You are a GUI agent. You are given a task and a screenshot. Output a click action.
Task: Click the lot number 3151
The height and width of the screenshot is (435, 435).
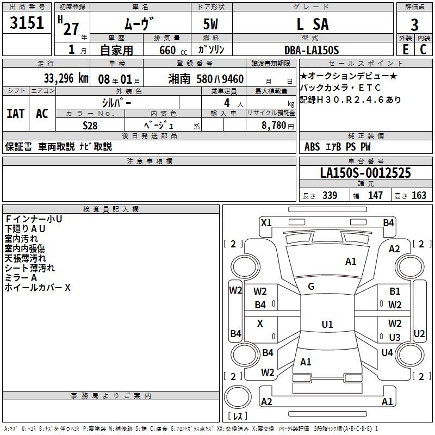pyautogui.click(x=27, y=24)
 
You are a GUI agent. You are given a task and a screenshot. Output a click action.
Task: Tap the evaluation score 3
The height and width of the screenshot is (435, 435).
pyautogui.click(x=414, y=25)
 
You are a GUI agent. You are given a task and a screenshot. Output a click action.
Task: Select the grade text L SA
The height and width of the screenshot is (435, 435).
pyautogui.click(x=312, y=24)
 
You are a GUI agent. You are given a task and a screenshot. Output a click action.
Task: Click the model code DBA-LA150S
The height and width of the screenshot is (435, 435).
pyautogui.click(x=312, y=50)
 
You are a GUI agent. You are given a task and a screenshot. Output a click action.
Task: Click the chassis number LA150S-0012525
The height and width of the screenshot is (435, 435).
pyautogui.click(x=365, y=173)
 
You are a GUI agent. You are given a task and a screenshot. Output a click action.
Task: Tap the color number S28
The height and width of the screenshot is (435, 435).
pyautogui.click(x=90, y=125)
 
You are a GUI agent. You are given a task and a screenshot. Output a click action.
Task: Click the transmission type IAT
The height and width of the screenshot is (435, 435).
pyautogui.click(x=16, y=113)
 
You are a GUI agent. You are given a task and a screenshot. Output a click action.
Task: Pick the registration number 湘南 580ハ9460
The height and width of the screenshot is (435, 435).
pyautogui.click(x=206, y=78)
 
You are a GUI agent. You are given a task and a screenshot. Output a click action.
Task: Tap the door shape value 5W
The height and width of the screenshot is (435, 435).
pyautogui.click(x=212, y=24)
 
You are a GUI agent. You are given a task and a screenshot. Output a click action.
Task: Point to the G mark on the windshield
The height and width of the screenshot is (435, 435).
pyautogui.click(x=311, y=287)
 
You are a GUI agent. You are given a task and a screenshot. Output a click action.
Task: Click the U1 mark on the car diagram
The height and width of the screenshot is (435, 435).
pyautogui.click(x=327, y=324)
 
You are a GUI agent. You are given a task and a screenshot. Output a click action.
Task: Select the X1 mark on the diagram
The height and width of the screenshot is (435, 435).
pyautogui.click(x=266, y=222)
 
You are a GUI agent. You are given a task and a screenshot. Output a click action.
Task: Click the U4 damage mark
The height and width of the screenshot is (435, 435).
pyautogui.click(x=387, y=352)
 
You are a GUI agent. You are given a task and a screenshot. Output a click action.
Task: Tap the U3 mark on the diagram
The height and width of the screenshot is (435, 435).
pyautogui.click(x=395, y=337)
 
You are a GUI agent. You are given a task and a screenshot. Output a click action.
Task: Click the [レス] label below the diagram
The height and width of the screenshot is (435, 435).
pyautogui.click(x=238, y=417)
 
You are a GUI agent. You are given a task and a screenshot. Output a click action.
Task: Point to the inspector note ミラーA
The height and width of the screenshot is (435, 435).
pyautogui.click(x=21, y=278)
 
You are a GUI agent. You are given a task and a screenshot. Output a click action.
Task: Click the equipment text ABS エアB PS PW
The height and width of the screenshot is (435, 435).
pyautogui.click(x=338, y=146)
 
